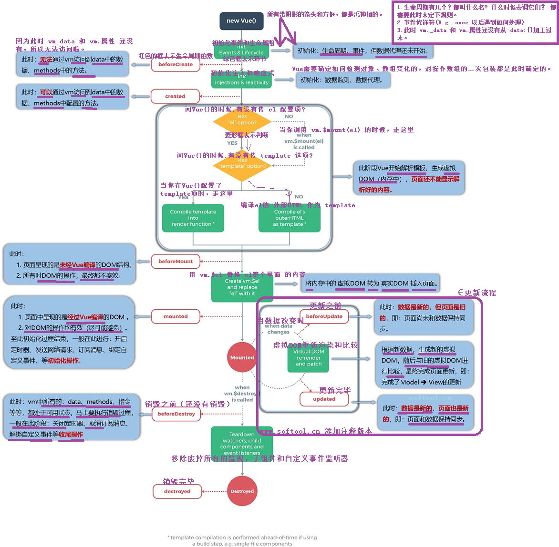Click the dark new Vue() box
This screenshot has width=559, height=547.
click(x=241, y=21)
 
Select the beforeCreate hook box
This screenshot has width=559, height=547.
click(x=176, y=64)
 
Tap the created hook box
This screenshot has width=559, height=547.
click(x=175, y=96)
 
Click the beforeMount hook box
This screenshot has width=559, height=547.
click(x=176, y=261)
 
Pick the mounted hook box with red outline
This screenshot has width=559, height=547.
click(x=176, y=316)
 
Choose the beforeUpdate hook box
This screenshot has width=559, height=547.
click(x=324, y=316)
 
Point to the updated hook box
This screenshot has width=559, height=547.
click(x=324, y=399)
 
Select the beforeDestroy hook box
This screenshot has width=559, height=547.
click(x=176, y=414)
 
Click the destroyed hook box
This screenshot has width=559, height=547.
click(x=177, y=491)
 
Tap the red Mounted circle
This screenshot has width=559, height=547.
click(x=242, y=357)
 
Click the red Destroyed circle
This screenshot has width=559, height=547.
click(x=242, y=491)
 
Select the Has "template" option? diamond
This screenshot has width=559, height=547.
click(x=242, y=165)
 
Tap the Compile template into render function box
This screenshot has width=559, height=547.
click(x=193, y=218)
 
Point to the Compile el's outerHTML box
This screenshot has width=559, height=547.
click(x=290, y=218)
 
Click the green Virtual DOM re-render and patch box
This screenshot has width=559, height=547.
click(x=309, y=358)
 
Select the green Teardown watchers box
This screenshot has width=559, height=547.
click(x=242, y=444)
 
